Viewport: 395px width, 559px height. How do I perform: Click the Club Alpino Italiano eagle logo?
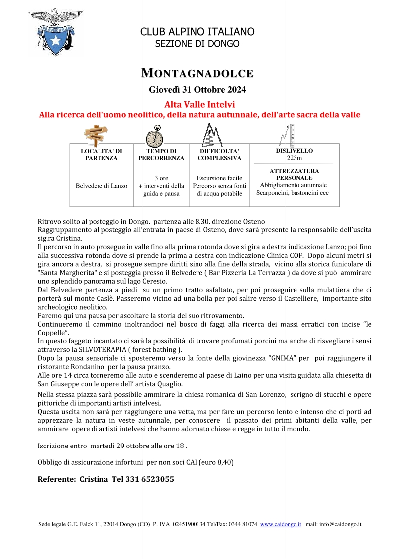pyautogui.click(x=55, y=32)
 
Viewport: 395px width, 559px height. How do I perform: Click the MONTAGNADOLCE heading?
pyautogui.click(x=197, y=73)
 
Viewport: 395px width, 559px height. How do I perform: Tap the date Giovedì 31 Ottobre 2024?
pyautogui.click(x=197, y=90)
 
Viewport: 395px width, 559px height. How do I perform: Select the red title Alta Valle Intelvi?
pyautogui.click(x=199, y=104)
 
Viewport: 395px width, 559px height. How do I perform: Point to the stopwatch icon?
pyautogui.click(x=154, y=135)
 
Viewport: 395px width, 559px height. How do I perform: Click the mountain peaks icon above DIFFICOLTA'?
pyautogui.click(x=212, y=134)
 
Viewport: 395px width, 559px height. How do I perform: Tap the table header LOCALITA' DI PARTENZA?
pyautogui.click(x=101, y=154)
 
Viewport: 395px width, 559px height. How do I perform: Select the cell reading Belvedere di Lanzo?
pyautogui.click(x=101, y=186)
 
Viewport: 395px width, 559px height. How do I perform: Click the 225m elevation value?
pyautogui.click(x=295, y=158)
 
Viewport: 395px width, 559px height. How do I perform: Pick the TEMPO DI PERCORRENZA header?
pyautogui.click(x=161, y=154)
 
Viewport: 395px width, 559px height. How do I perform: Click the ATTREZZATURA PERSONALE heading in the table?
pyautogui.click(x=295, y=174)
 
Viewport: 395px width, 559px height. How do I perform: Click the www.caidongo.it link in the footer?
pyautogui.click(x=281, y=524)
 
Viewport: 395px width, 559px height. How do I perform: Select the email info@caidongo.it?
pyautogui.click(x=340, y=524)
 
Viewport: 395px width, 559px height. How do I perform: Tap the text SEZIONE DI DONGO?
pyautogui.click(x=197, y=44)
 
